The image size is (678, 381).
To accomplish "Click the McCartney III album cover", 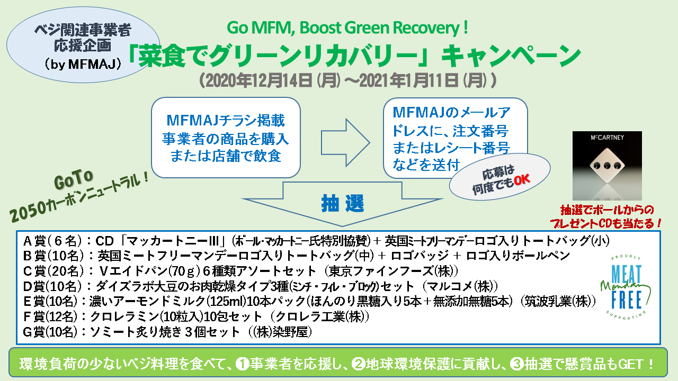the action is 607,166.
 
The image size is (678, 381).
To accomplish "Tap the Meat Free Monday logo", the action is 626,288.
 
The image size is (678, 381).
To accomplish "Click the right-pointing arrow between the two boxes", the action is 345,142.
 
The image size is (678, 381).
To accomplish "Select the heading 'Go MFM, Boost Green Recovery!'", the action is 347,28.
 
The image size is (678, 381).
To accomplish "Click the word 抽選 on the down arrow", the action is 343,204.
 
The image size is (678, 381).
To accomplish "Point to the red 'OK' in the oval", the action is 522,180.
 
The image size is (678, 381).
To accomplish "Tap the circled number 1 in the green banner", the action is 242,364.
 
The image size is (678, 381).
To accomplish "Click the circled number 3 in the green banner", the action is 517,364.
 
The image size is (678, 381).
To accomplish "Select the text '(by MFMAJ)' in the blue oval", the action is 83,64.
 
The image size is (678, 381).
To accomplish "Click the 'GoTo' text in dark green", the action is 73,179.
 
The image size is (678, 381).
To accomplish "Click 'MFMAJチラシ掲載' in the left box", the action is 226,120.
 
